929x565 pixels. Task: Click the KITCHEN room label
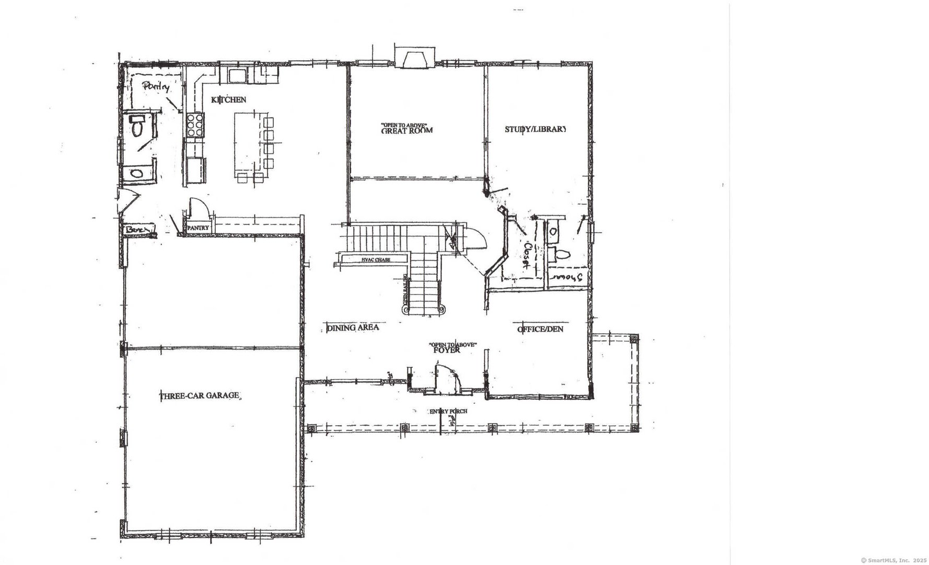[x=228, y=99]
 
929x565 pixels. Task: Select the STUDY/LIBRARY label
[x=535, y=129]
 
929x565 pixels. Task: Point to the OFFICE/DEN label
[x=540, y=329]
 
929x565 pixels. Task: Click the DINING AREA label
[x=352, y=328]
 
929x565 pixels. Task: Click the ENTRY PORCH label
[x=448, y=411]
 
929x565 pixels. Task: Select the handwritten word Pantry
[x=156, y=87]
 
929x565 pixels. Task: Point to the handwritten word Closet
[x=528, y=255]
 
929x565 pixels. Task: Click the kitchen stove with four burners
[x=195, y=126]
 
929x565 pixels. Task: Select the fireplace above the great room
[x=414, y=59]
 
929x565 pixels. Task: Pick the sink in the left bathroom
[x=137, y=173]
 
